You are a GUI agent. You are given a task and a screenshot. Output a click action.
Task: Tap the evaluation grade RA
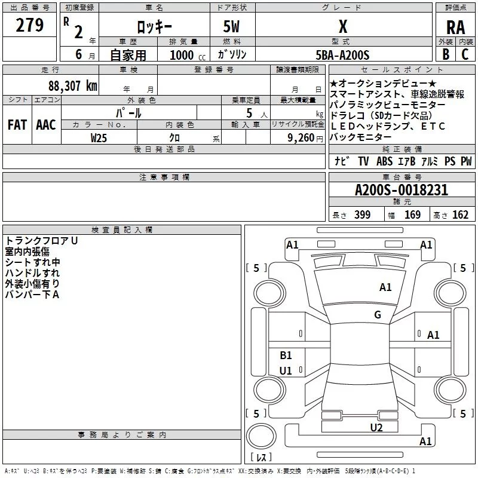(455, 27)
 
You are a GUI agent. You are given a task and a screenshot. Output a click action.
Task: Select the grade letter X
(342, 26)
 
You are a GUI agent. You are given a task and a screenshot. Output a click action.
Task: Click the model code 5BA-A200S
(342, 55)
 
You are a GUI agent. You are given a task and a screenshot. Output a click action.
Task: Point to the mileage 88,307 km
(72, 85)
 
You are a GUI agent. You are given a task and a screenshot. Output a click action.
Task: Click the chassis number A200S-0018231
(401, 191)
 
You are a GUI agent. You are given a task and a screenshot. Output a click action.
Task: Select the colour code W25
(99, 137)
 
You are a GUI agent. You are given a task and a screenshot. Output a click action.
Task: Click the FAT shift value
(17, 125)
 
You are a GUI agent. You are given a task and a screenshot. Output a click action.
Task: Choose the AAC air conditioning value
(45, 125)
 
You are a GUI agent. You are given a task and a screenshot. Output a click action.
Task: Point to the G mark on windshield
(378, 315)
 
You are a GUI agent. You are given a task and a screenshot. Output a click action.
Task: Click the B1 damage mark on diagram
(286, 356)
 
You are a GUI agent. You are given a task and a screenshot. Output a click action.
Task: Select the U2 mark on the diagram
(376, 427)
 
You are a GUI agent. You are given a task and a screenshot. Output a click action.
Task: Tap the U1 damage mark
(286, 371)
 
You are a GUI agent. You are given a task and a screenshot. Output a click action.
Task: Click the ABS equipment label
(384, 161)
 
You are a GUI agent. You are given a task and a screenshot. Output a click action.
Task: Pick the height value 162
(461, 215)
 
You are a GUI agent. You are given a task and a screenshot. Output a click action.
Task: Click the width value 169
(413, 215)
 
